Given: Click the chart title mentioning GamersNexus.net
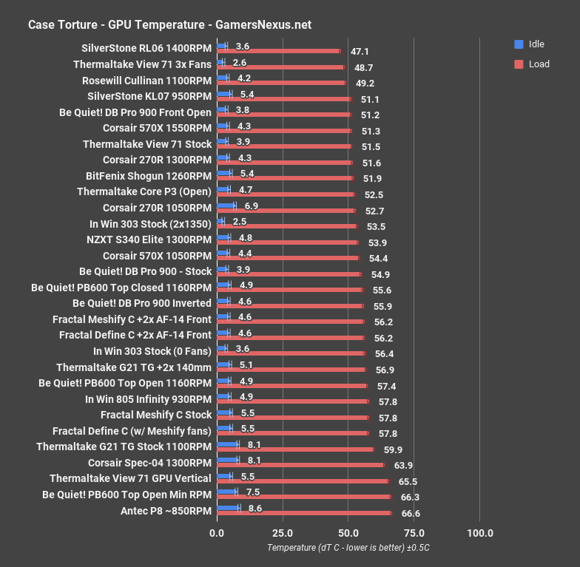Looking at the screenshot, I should (169, 25).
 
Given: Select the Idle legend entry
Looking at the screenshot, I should (533, 44).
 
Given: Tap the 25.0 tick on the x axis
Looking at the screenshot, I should (283, 532).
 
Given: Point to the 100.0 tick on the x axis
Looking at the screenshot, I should (480, 532).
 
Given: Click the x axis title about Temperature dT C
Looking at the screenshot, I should (348, 548).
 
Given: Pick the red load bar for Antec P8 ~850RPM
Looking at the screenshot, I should (304, 513).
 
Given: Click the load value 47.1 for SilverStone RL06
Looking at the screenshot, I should (360, 52).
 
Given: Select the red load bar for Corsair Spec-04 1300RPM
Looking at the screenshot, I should (300, 465).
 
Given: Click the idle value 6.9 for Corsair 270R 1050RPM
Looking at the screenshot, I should (252, 205).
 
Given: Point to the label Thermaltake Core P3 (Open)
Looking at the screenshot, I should (144, 192).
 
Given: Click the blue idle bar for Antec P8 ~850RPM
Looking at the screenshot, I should (228, 507).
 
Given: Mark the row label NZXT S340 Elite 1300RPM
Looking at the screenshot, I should (149, 240).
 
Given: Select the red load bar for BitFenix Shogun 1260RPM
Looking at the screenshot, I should (285, 179).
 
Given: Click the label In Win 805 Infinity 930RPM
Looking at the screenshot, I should (149, 399).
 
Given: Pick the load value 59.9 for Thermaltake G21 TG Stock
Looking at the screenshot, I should (394, 449).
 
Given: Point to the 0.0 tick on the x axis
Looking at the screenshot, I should (217, 532).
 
